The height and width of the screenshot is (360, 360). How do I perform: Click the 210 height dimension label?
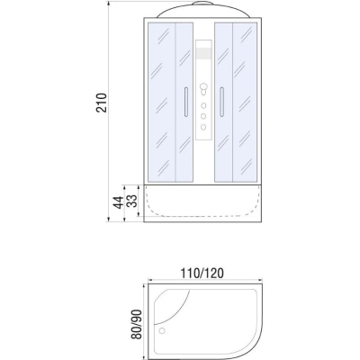[102, 103]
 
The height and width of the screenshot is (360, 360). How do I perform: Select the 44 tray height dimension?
[118, 202]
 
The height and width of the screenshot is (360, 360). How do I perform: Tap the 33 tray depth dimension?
[131, 201]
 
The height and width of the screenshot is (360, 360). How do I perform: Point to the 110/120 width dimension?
[202, 274]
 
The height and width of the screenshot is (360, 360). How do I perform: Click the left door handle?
[186, 102]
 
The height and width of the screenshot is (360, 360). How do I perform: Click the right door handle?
[221, 102]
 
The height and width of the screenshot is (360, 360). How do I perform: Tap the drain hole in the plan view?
[162, 331]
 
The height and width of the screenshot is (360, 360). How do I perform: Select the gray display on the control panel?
[203, 53]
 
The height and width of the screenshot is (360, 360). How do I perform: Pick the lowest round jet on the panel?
[203, 127]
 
